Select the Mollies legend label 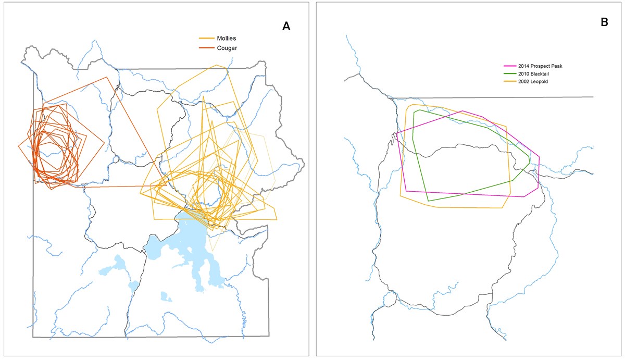[x=226, y=39]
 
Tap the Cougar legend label [x=226, y=48]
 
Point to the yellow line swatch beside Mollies [x=207, y=39]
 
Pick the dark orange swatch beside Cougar [x=207, y=48]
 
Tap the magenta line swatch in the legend [x=509, y=66]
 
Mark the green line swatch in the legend [x=509, y=74]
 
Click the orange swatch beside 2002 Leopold [x=509, y=82]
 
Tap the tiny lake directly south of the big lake [x=166, y=297]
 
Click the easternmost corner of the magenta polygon [x=539, y=156]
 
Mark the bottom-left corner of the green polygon [x=428, y=201]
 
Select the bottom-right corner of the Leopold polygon [x=503, y=208]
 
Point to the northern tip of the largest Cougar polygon [x=107, y=77]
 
